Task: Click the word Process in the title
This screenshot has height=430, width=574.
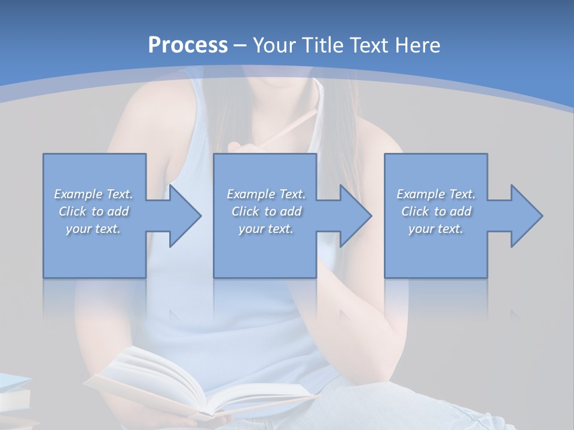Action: pyautogui.click(x=188, y=45)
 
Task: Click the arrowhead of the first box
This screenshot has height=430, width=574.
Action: pyautogui.click(x=182, y=216)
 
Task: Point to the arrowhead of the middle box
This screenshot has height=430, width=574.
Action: pyautogui.click(x=353, y=216)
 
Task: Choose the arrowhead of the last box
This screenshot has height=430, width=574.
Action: pyautogui.click(x=524, y=216)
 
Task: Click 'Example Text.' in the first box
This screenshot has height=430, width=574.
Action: pyautogui.click(x=93, y=194)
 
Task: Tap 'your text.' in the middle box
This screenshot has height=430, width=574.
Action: pyautogui.click(x=265, y=229)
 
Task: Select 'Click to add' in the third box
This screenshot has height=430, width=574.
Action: pyautogui.click(x=436, y=211)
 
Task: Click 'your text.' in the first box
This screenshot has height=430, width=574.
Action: pyautogui.click(x=93, y=229)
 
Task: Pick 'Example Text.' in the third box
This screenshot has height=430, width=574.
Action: pyautogui.click(x=436, y=194)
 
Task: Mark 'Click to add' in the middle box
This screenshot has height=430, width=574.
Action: pyautogui.click(x=265, y=211)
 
